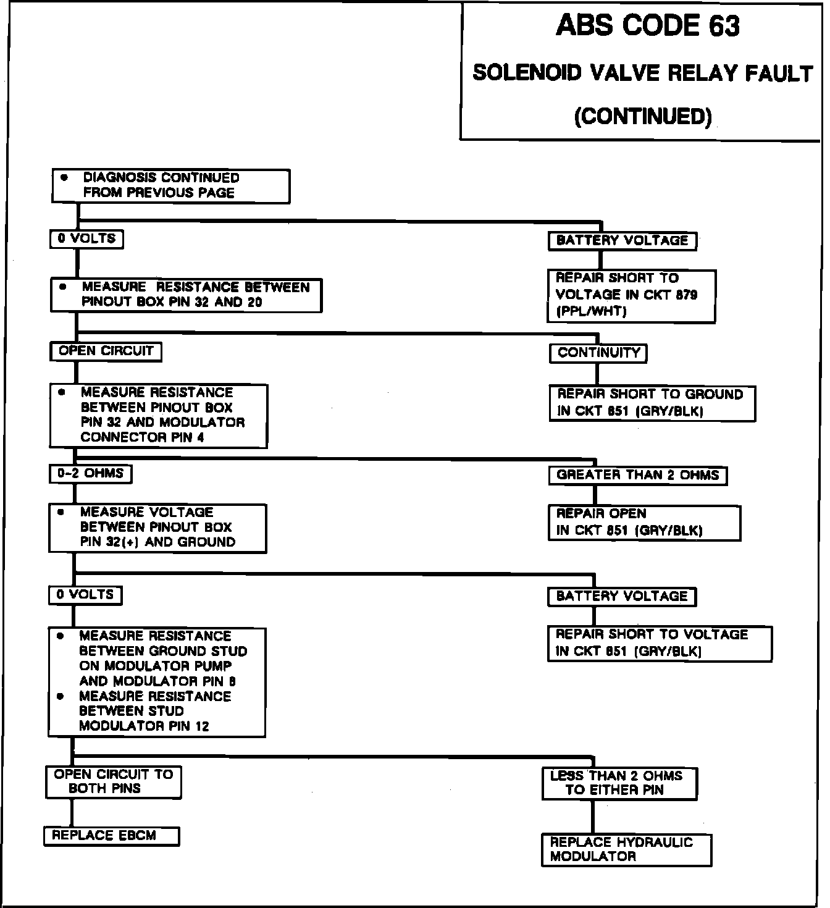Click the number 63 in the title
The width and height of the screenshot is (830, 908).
tap(723, 26)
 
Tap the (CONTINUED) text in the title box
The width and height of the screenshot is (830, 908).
tap(642, 116)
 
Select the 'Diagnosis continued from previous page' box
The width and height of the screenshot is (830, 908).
tap(170, 186)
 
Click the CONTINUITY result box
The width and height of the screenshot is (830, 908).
tap(598, 353)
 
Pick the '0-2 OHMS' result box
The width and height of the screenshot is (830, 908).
tap(90, 474)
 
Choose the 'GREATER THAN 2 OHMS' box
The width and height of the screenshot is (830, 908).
tap(637, 476)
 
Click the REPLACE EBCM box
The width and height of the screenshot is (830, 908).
tap(112, 836)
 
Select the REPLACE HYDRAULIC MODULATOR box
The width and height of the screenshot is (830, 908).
tap(626, 850)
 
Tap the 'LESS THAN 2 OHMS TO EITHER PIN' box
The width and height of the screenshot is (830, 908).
tap(619, 783)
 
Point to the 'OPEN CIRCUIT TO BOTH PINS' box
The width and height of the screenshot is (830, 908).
tap(114, 782)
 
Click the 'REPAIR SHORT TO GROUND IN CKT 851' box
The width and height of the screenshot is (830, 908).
tap(652, 403)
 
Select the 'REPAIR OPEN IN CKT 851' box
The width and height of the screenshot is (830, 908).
tap(644, 523)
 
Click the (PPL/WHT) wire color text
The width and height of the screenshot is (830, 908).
tap(591, 312)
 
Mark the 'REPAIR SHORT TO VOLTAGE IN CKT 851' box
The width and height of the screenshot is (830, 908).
tap(660, 644)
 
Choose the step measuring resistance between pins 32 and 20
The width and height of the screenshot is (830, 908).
tap(186, 295)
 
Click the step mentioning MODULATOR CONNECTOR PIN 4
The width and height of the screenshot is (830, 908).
tap(159, 416)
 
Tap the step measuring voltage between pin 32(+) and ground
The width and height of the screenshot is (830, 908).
tap(157, 528)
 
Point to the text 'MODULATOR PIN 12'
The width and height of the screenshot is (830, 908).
tap(145, 726)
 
